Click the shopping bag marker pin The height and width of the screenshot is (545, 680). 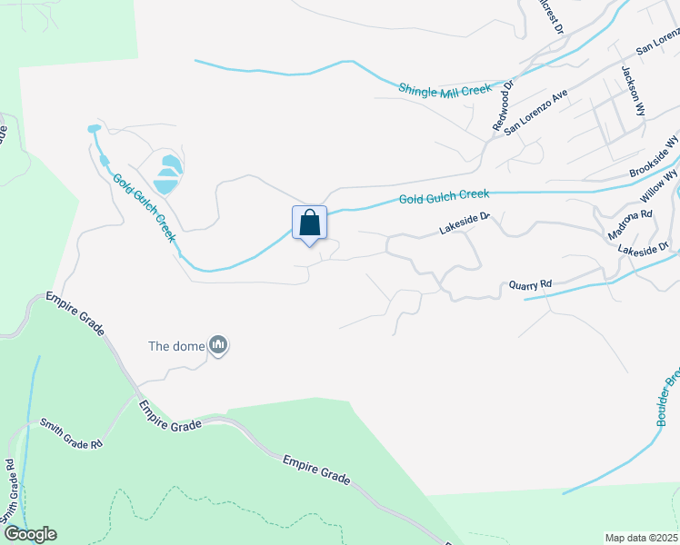[309, 223]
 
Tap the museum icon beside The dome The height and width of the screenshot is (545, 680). [218, 345]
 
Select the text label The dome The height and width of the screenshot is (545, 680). [176, 346]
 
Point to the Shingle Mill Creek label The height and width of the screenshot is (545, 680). [445, 89]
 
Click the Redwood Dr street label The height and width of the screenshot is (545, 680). [503, 107]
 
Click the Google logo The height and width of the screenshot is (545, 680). [29, 534]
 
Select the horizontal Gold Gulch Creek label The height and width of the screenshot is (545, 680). [444, 195]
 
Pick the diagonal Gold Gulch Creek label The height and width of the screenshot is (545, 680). [144, 207]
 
